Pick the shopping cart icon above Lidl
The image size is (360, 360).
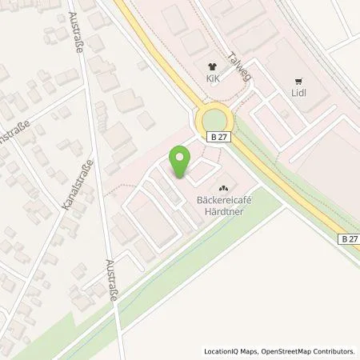tap(299, 80)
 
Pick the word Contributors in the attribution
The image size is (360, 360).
tap(335, 351)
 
